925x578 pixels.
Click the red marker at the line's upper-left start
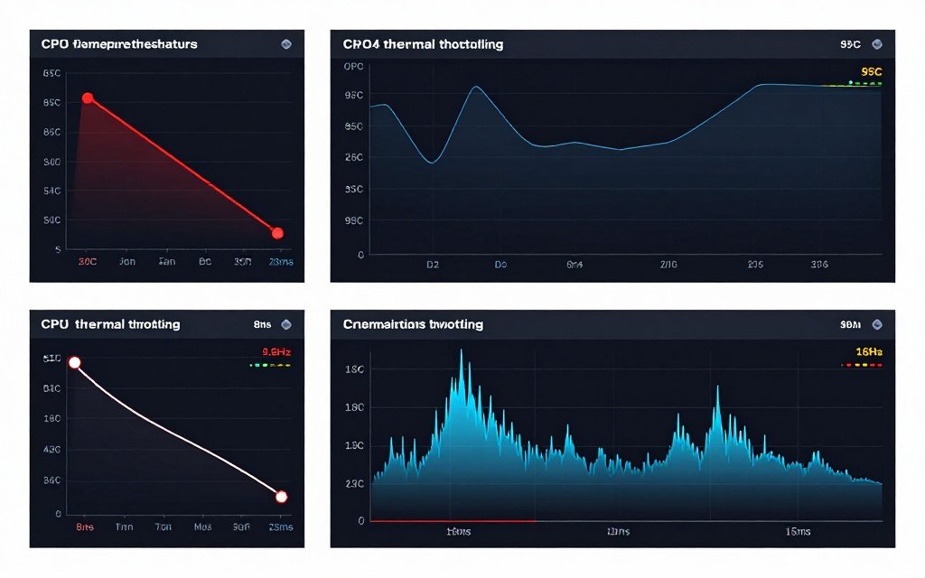(x=88, y=98)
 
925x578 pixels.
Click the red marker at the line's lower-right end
(x=277, y=233)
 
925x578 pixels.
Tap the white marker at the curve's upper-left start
(x=75, y=362)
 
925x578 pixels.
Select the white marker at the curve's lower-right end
(x=281, y=497)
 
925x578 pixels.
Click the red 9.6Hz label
(x=275, y=352)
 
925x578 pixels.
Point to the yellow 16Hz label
(x=868, y=352)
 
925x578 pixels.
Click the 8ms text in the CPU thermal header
(x=263, y=324)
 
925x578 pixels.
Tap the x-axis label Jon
(x=127, y=262)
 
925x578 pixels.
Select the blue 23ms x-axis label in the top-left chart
(x=281, y=262)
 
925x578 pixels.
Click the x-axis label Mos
(x=203, y=526)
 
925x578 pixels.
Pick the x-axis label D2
(x=432, y=266)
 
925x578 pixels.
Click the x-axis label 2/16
(x=668, y=266)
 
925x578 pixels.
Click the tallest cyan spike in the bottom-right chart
(x=462, y=352)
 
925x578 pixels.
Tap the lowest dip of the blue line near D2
(x=432, y=163)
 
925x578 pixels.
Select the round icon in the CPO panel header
(x=286, y=43)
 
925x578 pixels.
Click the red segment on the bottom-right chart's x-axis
(x=452, y=521)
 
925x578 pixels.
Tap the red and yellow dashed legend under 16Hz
(x=861, y=366)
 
